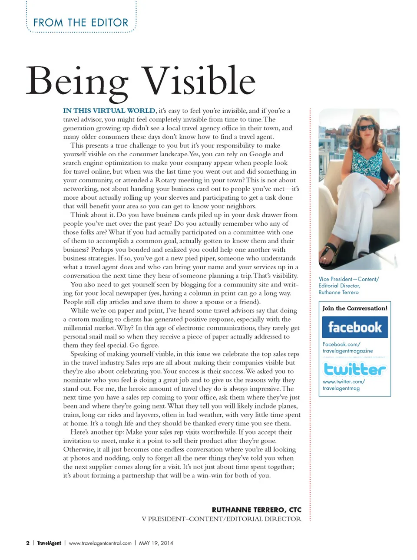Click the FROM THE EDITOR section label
pos(81,23)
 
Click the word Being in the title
pos(77,82)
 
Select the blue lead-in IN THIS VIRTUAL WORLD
pos(109,111)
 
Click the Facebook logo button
pos(354,327)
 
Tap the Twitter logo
pos(354,369)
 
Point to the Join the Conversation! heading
pos(354,308)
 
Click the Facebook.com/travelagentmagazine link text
pos(347,347)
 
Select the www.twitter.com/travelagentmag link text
pos(343,385)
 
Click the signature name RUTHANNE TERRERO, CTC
pos(256,510)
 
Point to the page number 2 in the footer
pos(28,543)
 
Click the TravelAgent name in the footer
pos(49,543)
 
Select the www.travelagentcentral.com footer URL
pos(100,543)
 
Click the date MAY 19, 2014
pos(156,543)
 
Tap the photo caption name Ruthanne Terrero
pos(338,292)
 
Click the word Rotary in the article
pos(165,180)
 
